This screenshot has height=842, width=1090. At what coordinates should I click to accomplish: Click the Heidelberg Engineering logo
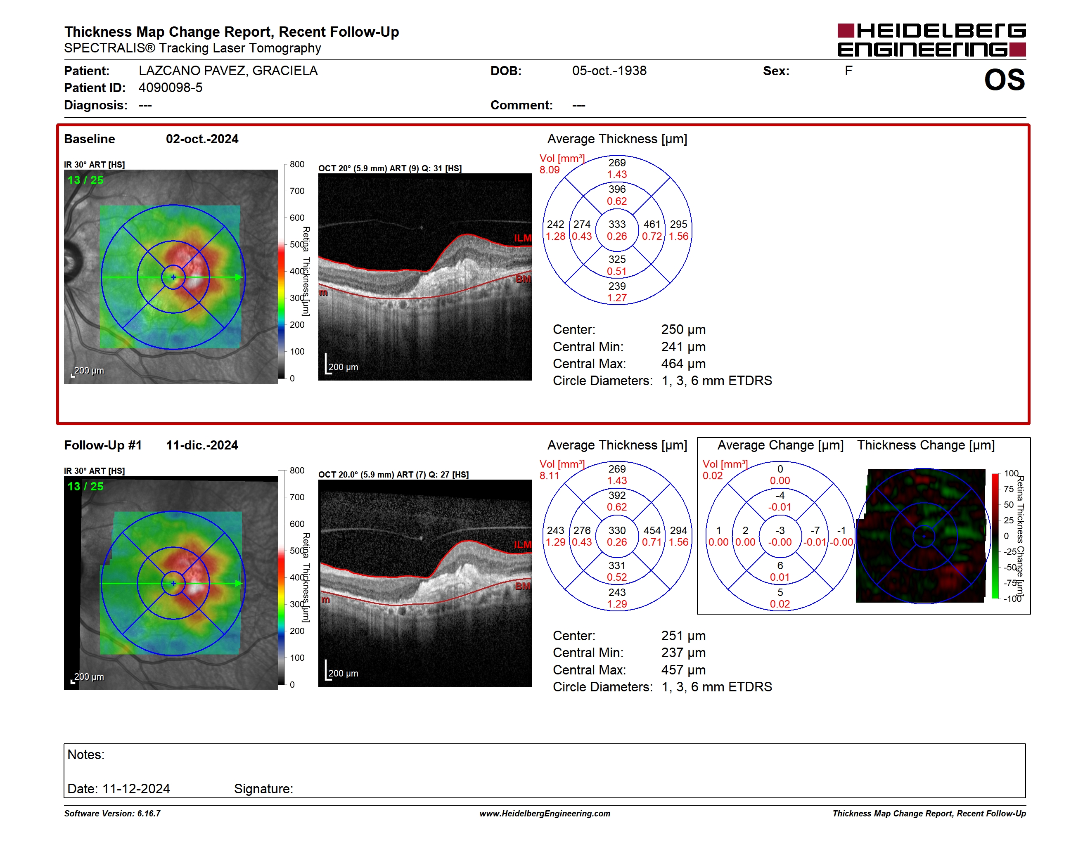click(x=931, y=40)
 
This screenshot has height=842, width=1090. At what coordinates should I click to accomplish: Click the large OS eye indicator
click(x=1004, y=80)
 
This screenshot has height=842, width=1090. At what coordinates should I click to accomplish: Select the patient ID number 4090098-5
click(x=171, y=88)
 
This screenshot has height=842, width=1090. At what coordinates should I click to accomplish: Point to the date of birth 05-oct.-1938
click(x=609, y=71)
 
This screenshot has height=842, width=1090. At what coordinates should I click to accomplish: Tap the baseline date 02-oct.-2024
click(x=202, y=139)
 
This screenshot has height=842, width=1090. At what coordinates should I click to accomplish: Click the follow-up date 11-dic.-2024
click(x=202, y=445)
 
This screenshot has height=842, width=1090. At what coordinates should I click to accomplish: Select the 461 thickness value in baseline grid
click(x=652, y=225)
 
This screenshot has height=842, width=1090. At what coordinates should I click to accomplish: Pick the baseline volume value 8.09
click(x=550, y=170)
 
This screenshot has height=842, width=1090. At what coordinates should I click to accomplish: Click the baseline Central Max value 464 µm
click(x=683, y=364)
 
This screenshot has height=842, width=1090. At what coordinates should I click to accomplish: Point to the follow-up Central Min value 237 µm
click(x=683, y=653)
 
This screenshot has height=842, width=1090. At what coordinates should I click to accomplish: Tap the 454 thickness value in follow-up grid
click(x=652, y=531)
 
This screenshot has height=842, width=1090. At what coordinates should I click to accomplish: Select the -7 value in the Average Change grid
click(x=815, y=531)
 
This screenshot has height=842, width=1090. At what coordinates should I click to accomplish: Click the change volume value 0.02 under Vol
click(x=712, y=476)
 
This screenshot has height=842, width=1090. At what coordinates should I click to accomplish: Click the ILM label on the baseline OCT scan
click(x=523, y=239)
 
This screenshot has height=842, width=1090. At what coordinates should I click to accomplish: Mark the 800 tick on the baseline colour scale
click(x=297, y=165)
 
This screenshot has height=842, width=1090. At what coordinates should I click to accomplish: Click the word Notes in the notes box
click(x=86, y=755)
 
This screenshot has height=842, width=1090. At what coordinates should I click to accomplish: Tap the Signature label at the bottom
click(x=263, y=789)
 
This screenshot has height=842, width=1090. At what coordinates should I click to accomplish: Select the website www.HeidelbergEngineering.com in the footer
click(x=545, y=814)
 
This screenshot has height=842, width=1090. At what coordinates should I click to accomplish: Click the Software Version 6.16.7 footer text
click(x=112, y=814)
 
